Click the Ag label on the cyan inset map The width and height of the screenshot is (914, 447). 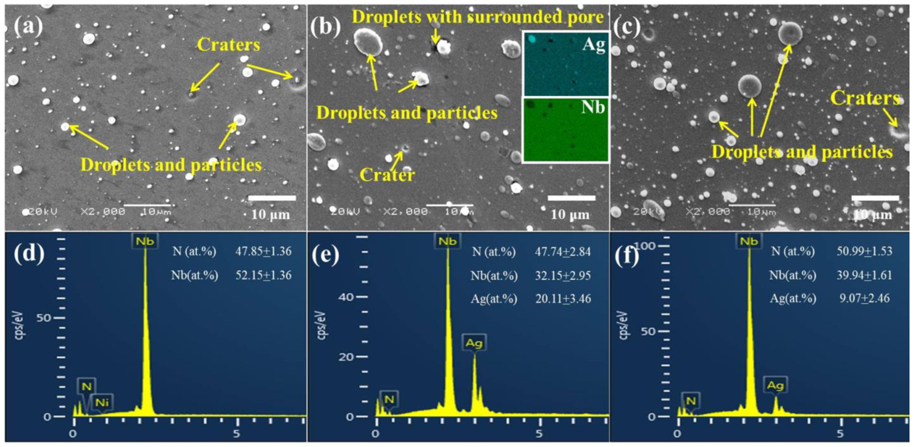pos(593,45)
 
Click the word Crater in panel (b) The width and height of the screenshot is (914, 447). pos(387,175)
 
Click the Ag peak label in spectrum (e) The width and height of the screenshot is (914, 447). pos(474,343)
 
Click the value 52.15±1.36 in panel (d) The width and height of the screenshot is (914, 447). pos(263,275)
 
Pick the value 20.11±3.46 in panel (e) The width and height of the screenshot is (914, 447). pos(563,299)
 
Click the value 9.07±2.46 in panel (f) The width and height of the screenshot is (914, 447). pos(864,298)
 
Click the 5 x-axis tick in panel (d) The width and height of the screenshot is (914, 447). pos(237,434)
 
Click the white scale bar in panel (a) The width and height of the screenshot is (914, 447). pos(272,198)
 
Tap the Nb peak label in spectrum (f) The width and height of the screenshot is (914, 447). pos(749,242)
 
